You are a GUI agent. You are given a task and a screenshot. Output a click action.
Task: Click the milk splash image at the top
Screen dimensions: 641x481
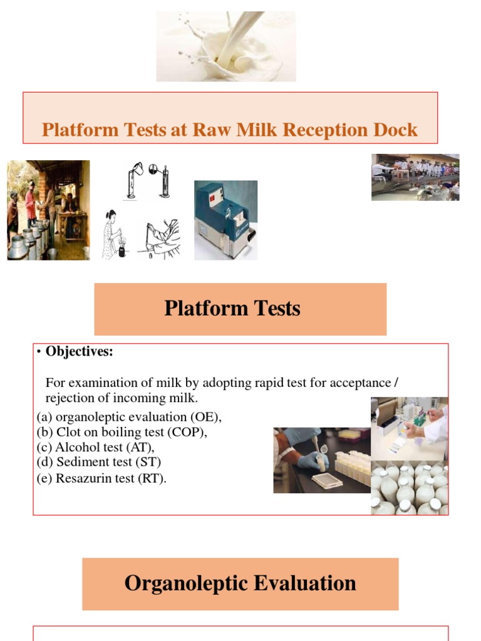click(x=225, y=46)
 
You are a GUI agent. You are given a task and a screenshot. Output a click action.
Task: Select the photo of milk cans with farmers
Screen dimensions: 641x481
click(x=48, y=210)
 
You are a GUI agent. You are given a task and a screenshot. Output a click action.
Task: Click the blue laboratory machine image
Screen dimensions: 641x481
click(x=225, y=220)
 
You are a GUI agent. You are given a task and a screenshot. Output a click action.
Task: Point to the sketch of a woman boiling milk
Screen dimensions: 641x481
click(x=113, y=235)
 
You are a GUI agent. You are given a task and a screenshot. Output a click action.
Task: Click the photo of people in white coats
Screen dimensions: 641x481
click(x=415, y=177)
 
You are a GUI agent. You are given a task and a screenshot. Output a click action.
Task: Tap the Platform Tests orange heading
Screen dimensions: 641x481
click(x=240, y=309)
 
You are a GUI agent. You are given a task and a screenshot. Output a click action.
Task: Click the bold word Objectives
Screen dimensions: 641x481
click(x=79, y=352)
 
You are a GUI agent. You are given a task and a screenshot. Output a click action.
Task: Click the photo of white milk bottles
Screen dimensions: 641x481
click(x=410, y=488)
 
